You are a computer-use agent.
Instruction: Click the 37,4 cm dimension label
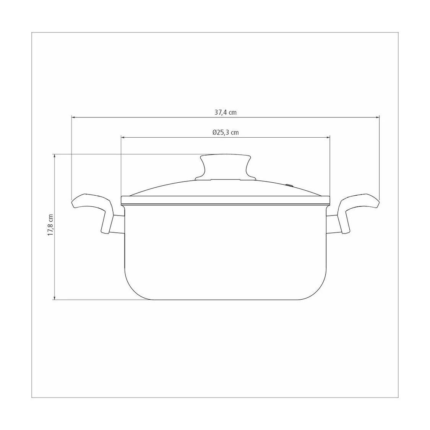pos(226,112)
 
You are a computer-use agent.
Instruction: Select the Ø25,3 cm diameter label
pos(226,133)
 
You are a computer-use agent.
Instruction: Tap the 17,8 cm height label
pos(50,225)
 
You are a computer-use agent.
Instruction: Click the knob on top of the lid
pos(226,167)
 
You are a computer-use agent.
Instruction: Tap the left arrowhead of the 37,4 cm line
pos(73,117)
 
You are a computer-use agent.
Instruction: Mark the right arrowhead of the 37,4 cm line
pos(378,117)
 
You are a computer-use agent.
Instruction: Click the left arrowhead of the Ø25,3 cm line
pos(123,137)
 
